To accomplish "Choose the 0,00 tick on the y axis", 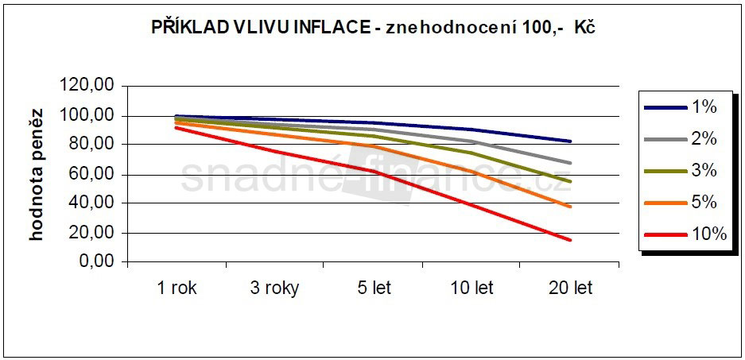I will (x=99, y=262).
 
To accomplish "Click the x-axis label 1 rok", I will (x=177, y=288).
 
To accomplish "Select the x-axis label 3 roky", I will (x=274, y=288).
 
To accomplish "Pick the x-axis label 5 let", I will (x=373, y=288).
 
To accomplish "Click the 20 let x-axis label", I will (x=570, y=288).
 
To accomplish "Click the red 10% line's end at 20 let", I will (x=570, y=240).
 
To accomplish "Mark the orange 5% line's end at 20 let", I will (x=570, y=207).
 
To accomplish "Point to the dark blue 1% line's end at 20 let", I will (x=570, y=141).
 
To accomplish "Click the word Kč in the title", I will (x=584, y=27).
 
